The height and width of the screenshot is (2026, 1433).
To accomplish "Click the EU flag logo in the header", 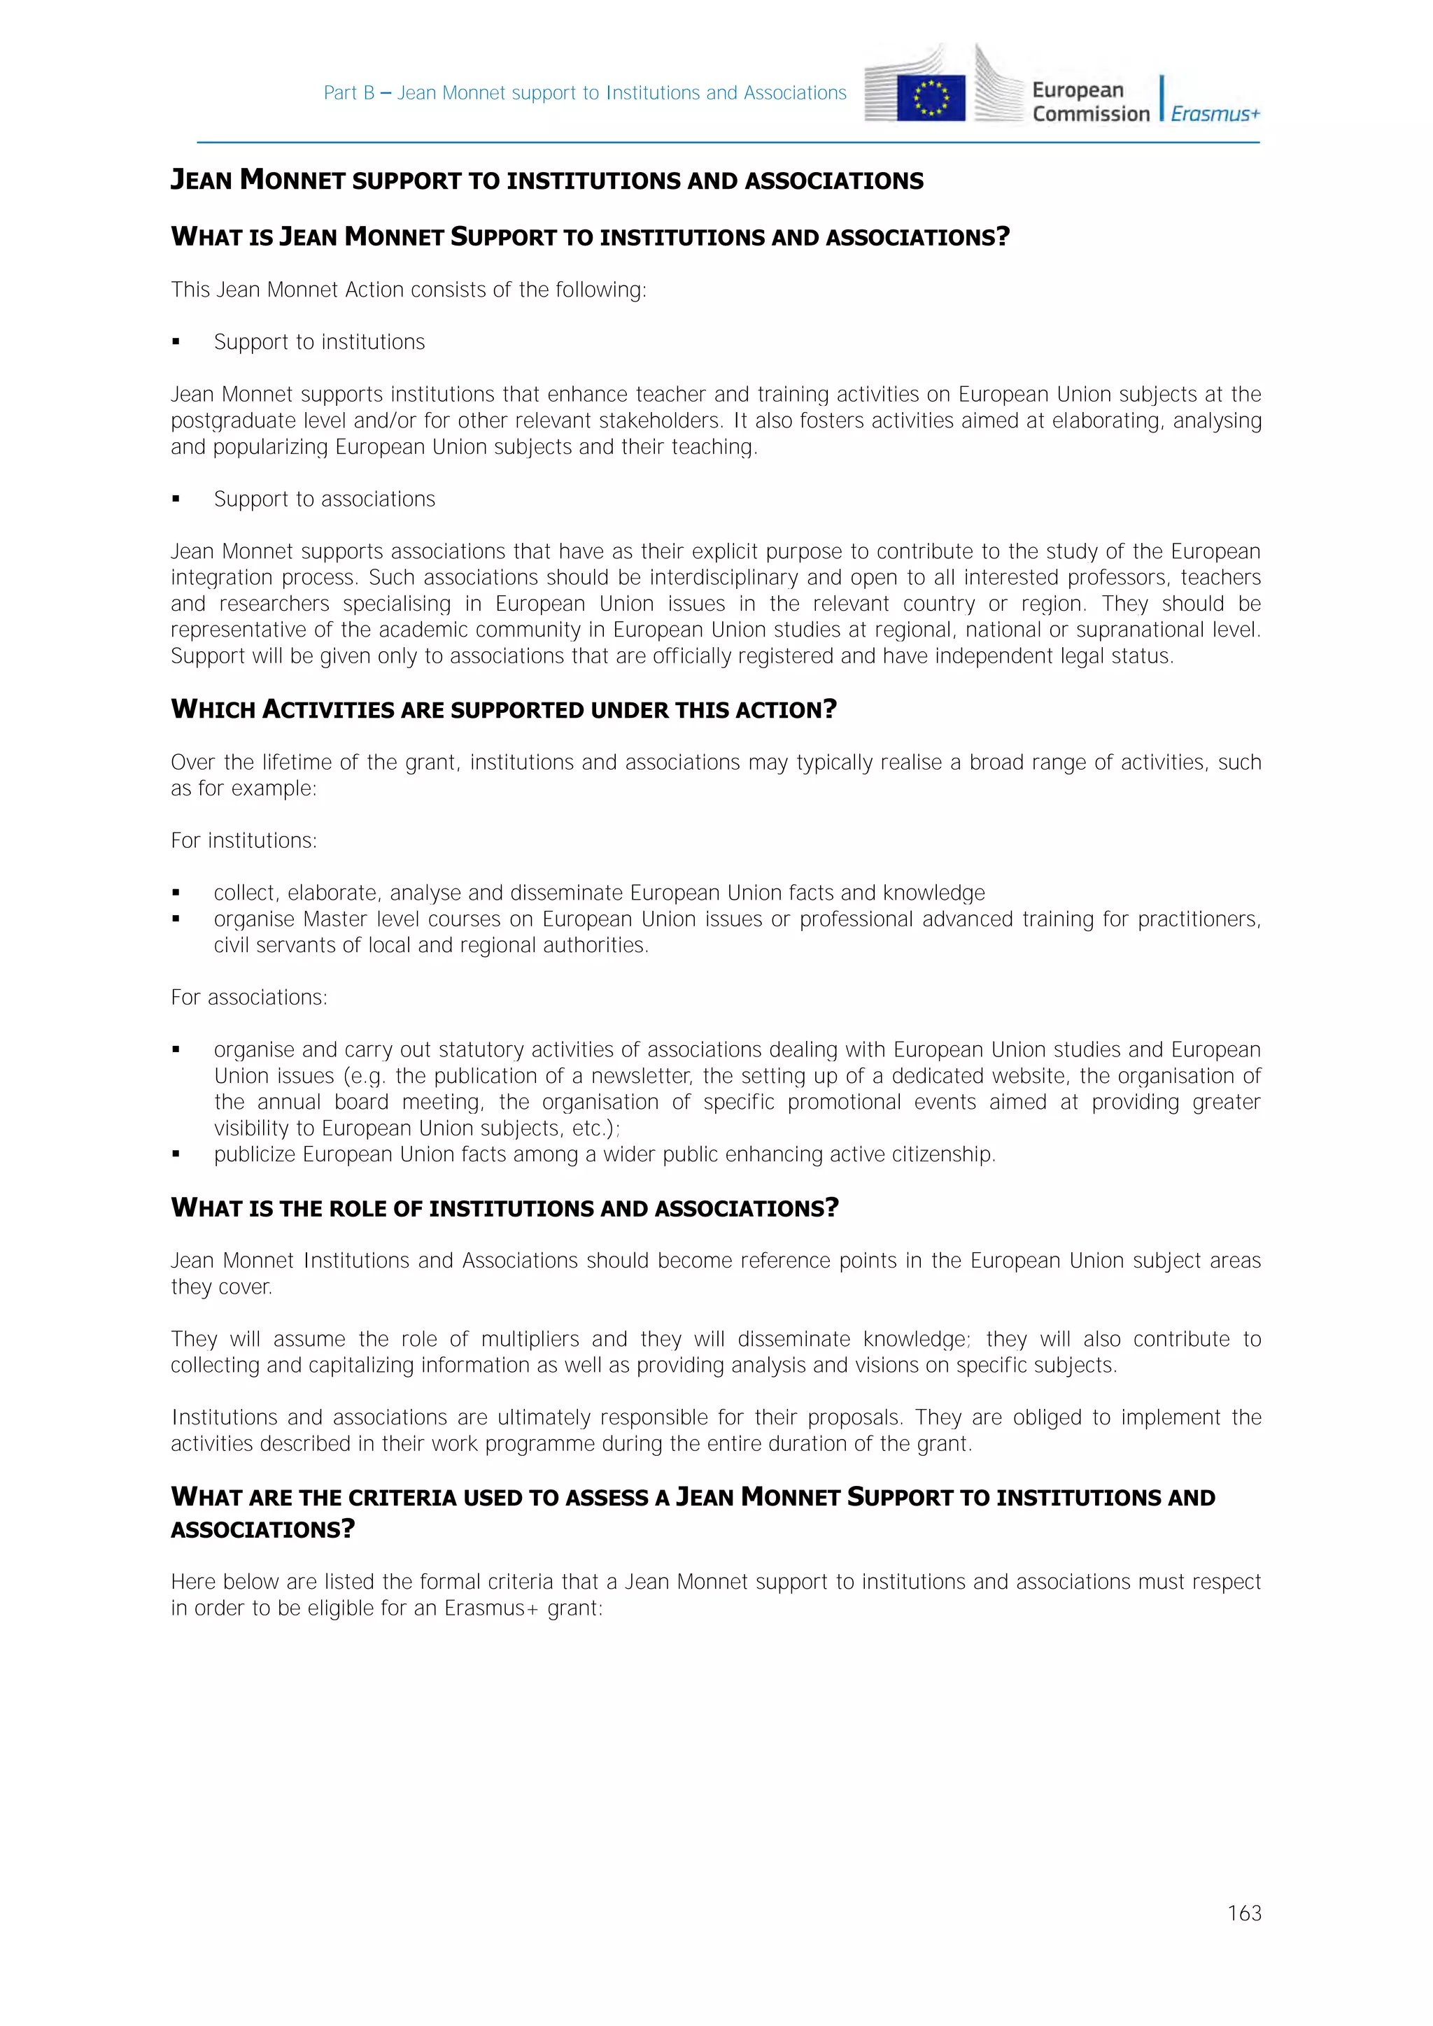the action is click(x=931, y=98).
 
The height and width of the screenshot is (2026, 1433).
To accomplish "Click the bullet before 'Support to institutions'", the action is click(x=176, y=342).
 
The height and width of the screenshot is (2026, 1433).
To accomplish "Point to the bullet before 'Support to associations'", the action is click(x=176, y=500).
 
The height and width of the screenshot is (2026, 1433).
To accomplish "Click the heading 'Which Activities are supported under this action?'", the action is click(x=503, y=709).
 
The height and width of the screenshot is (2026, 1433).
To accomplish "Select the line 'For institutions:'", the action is click(x=243, y=840).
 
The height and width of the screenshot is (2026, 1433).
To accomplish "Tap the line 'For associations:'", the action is click(x=249, y=997).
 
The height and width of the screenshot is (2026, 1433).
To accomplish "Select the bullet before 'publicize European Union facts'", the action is click(x=176, y=1154).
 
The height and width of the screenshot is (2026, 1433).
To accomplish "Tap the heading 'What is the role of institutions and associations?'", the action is click(x=504, y=1208).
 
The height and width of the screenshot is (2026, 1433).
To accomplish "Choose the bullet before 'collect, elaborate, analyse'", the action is click(x=176, y=893).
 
